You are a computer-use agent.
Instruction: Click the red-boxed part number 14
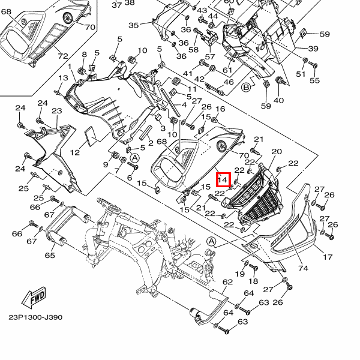223,179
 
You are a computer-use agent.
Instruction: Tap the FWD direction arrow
34,298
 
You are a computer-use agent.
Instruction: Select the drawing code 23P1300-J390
35,317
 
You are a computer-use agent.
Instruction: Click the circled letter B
246,87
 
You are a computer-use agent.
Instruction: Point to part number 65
50,255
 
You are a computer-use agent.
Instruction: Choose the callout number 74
303,268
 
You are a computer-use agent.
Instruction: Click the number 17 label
328,257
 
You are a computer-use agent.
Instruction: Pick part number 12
74,152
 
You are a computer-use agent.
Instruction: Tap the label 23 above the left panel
57,110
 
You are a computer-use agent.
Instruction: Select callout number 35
134,25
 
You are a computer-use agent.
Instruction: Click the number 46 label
229,82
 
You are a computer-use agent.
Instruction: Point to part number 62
227,282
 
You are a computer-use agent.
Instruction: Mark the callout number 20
277,151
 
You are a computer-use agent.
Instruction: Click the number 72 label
63,56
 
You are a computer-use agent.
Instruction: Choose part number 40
279,100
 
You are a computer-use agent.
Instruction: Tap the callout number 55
314,80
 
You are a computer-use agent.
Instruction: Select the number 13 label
63,77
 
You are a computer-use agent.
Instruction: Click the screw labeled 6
133,166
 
